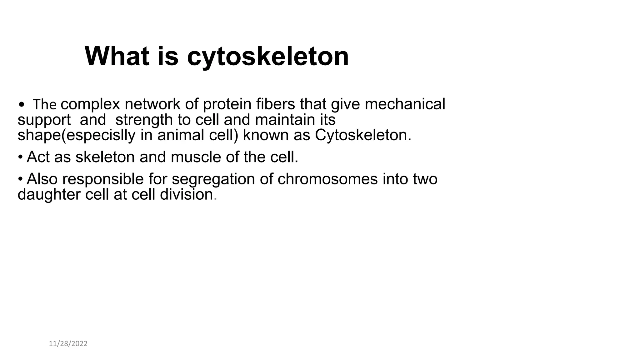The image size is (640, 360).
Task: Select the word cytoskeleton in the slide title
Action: tap(268, 57)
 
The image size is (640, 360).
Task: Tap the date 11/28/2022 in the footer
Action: tap(68, 344)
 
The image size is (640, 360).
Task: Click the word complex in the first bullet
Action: tap(90, 104)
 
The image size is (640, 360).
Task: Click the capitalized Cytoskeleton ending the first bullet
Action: tap(363, 135)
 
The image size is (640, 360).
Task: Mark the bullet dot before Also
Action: tap(20, 179)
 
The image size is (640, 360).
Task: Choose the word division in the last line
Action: tap(186, 195)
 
